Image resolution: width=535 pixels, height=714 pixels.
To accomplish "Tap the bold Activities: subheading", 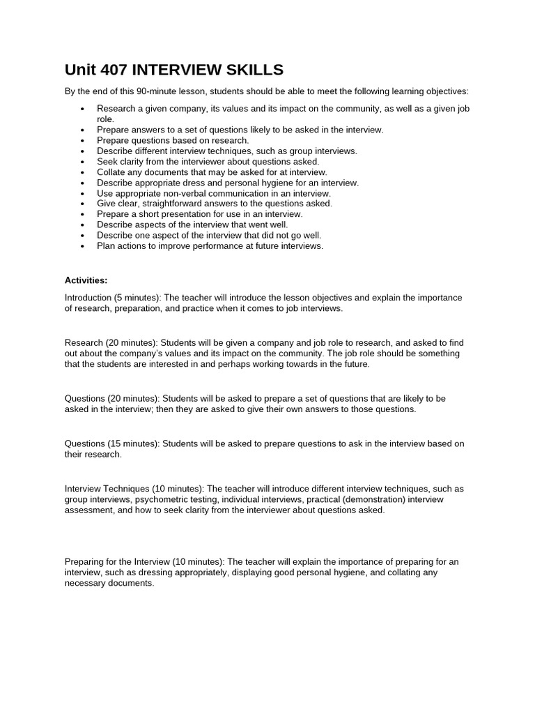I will (x=86, y=280).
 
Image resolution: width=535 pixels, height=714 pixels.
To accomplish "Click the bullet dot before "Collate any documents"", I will (x=82, y=172).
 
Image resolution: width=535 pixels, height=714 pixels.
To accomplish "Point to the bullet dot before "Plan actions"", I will (x=82, y=246).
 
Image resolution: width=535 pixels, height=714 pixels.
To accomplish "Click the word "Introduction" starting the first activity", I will (x=88, y=298).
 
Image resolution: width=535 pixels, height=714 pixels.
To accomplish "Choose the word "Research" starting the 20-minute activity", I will (x=84, y=343).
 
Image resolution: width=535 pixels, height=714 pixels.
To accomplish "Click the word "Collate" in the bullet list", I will (x=112, y=172).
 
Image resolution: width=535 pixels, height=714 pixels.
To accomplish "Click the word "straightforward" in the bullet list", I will (x=187, y=204).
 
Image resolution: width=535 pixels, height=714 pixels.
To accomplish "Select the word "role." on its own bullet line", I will (x=105, y=119).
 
